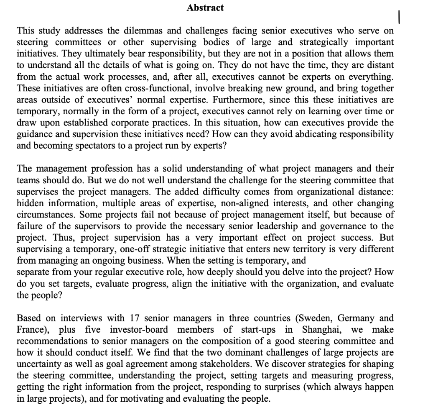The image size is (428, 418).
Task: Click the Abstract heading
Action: click(205, 8)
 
